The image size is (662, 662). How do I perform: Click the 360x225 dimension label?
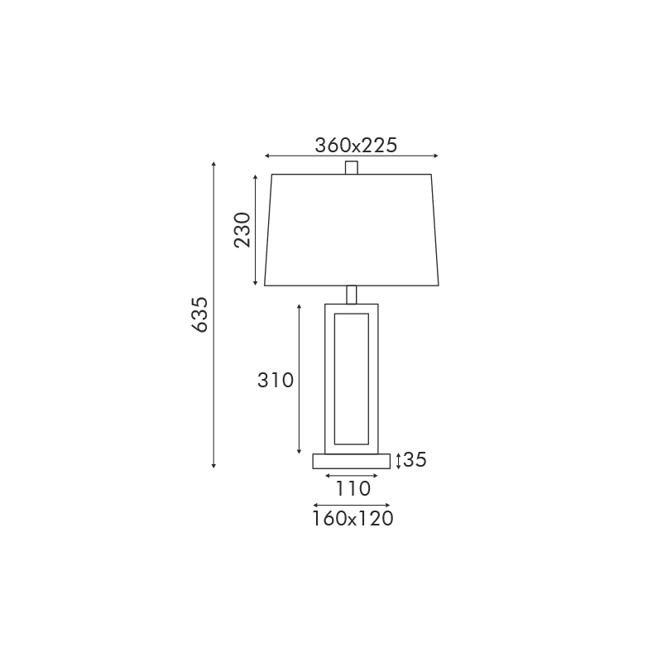click(x=356, y=146)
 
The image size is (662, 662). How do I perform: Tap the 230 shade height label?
click(x=242, y=230)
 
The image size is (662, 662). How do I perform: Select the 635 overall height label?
click(x=199, y=314)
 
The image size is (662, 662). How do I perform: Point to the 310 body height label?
click(x=276, y=381)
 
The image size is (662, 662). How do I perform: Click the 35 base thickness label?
click(x=415, y=459)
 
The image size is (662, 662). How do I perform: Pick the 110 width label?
click(x=353, y=489)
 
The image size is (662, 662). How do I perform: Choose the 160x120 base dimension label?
click(x=353, y=519)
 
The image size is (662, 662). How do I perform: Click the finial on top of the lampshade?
click(x=351, y=168)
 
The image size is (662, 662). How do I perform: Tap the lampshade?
click(x=351, y=230)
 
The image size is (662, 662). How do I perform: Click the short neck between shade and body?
click(x=351, y=295)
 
